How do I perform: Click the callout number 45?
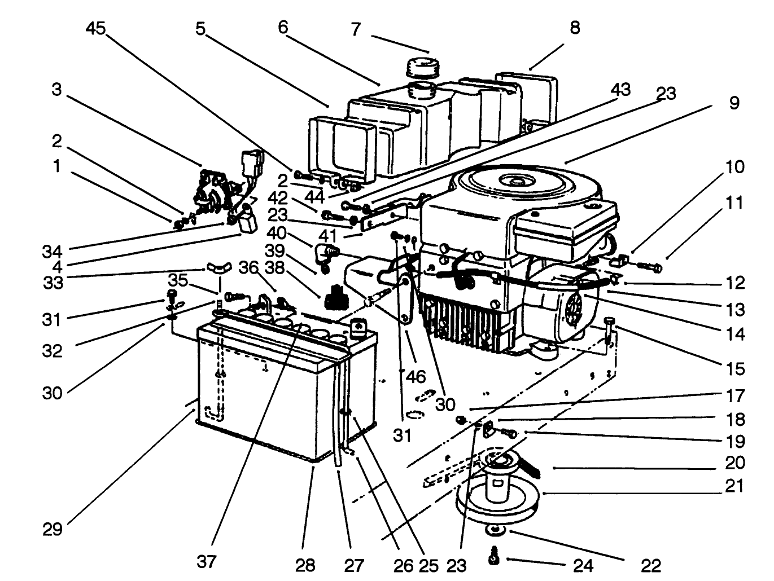[95, 28]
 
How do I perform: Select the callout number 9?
[733, 103]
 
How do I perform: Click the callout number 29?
[53, 530]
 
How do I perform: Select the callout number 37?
[207, 561]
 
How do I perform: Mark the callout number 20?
[733, 463]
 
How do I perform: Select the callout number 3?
[56, 90]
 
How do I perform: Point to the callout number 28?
[305, 564]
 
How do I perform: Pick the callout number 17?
[736, 395]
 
